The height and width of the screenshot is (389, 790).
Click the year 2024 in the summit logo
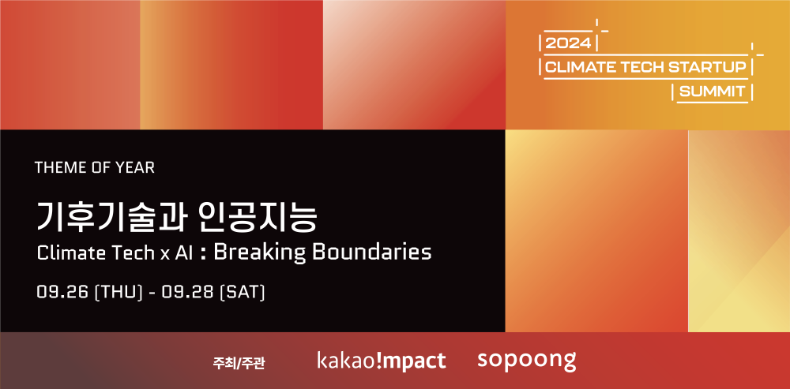click(568, 43)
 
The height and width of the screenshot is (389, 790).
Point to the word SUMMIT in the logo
click(712, 92)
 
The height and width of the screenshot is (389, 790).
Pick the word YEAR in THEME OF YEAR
click(136, 167)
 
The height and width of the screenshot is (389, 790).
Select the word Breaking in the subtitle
click(258, 252)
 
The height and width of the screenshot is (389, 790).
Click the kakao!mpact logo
click(382, 361)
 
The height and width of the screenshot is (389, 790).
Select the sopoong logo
click(526, 361)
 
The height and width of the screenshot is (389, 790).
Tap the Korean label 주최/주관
click(239, 362)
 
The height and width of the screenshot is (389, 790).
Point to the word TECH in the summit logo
click(636, 67)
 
